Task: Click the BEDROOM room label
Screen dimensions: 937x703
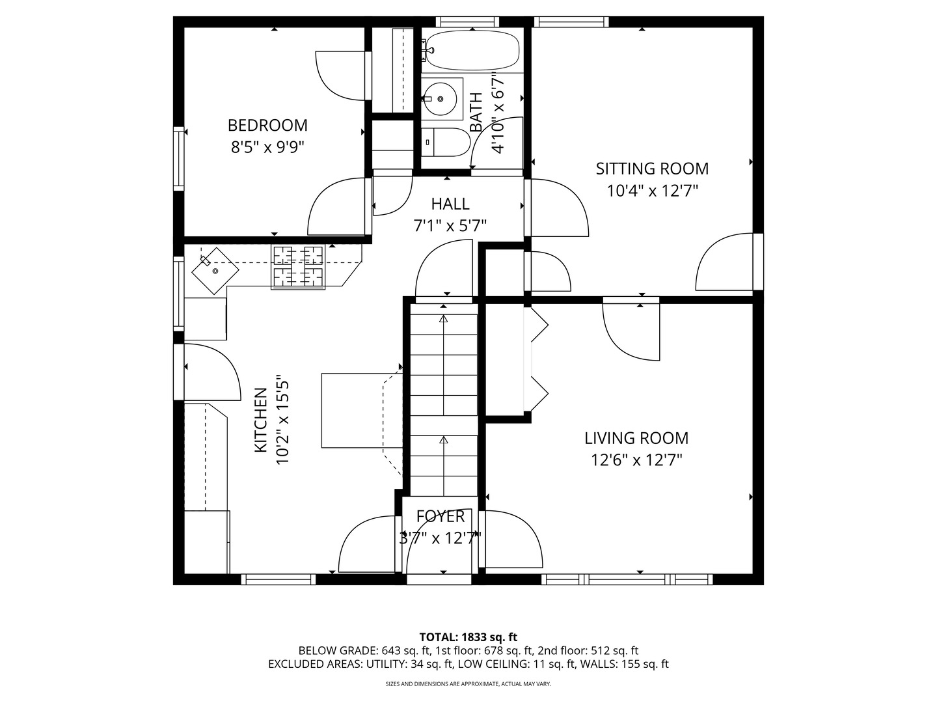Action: click(x=267, y=126)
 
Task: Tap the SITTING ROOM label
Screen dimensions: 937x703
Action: click(x=652, y=169)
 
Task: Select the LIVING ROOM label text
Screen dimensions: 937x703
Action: click(x=636, y=438)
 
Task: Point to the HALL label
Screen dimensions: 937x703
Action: click(x=450, y=204)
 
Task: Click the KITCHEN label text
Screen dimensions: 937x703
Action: click(x=261, y=420)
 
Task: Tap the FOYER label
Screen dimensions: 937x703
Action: click(x=440, y=516)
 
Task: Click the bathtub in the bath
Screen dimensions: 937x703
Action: click(x=472, y=50)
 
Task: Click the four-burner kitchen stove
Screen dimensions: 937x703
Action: click(x=298, y=267)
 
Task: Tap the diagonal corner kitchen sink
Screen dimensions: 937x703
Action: click(x=215, y=271)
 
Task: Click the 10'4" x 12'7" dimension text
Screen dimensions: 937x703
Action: click(x=652, y=191)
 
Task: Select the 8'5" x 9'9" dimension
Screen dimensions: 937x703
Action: click(x=267, y=148)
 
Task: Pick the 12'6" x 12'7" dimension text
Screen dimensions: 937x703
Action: click(x=636, y=461)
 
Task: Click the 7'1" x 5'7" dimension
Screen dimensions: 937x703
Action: click(x=450, y=226)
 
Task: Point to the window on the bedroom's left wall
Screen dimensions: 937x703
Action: click(x=178, y=158)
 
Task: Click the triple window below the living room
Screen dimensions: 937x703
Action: click(x=627, y=579)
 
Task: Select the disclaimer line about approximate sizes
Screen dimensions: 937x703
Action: click(x=468, y=683)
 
